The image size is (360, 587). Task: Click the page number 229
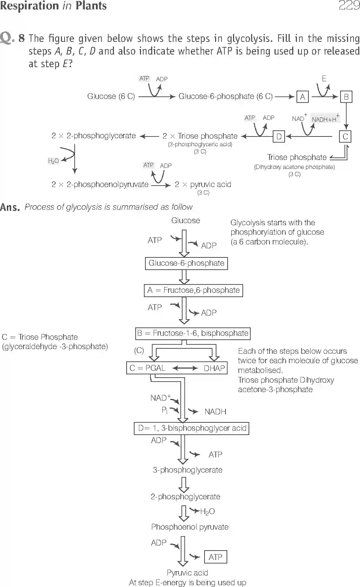click(349, 5)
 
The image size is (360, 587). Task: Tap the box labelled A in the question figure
click(302, 97)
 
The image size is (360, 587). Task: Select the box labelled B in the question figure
click(346, 97)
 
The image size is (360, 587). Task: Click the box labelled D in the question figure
click(279, 136)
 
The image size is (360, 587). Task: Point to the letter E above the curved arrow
click(324, 78)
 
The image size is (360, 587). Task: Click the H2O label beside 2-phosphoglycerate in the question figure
click(53, 161)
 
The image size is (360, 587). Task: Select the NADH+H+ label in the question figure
click(324, 119)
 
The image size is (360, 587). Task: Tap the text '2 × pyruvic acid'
click(203, 184)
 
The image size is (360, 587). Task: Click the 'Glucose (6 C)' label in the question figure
click(111, 96)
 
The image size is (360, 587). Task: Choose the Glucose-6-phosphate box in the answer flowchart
click(186, 263)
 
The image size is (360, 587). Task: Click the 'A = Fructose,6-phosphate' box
click(193, 290)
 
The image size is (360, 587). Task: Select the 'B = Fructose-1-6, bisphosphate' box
click(193, 333)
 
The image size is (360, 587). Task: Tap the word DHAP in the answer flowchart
click(214, 368)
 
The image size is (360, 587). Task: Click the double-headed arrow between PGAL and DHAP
click(185, 368)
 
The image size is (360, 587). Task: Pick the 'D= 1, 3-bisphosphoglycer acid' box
click(192, 429)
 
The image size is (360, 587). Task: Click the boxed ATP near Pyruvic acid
click(215, 557)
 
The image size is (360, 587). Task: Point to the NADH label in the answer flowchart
click(215, 412)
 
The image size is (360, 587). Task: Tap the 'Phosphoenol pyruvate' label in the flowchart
click(190, 527)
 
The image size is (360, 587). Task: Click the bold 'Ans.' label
click(10, 207)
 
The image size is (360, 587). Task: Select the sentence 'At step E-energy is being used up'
click(188, 582)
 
